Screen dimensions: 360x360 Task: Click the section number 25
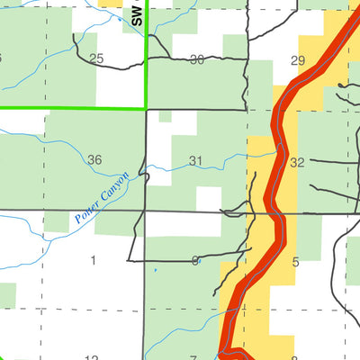[x=96, y=59]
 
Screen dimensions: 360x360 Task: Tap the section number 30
[x=197, y=59]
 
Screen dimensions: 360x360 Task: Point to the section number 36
[x=94, y=160]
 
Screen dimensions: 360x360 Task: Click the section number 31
[x=196, y=161]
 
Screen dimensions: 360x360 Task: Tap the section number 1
[x=93, y=261]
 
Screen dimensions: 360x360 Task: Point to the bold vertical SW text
[x=136, y=13]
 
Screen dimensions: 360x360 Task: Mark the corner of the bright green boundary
[x=145, y=108]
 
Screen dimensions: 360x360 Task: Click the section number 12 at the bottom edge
[x=92, y=357]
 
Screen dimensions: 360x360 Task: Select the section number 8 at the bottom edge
[x=294, y=357]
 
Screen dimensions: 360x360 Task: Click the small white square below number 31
[x=208, y=198]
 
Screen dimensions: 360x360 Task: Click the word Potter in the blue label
[x=86, y=213]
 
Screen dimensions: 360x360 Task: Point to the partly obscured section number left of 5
[x=194, y=261]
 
